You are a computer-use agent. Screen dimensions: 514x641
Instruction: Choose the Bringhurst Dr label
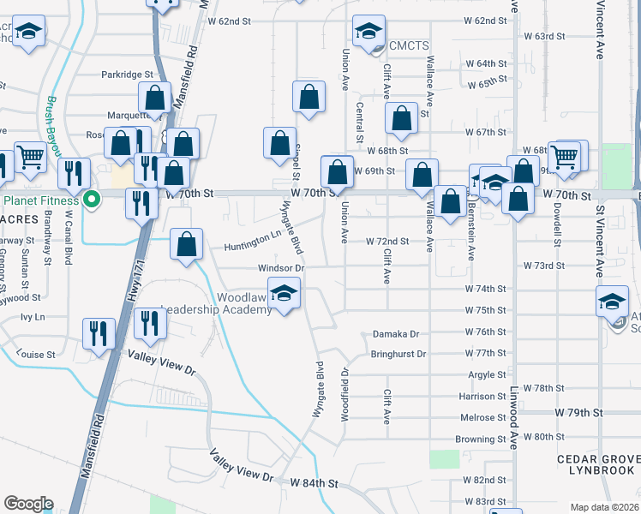click(x=398, y=354)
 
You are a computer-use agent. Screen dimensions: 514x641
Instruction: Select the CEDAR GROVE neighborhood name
click(x=596, y=459)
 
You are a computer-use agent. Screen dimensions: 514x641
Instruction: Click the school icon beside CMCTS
click(x=368, y=33)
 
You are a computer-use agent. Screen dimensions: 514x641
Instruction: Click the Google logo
click(x=28, y=503)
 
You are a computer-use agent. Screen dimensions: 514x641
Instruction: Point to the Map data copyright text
click(x=604, y=506)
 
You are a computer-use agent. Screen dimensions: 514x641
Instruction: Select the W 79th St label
click(x=578, y=413)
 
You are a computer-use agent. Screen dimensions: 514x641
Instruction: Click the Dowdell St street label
click(x=556, y=230)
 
